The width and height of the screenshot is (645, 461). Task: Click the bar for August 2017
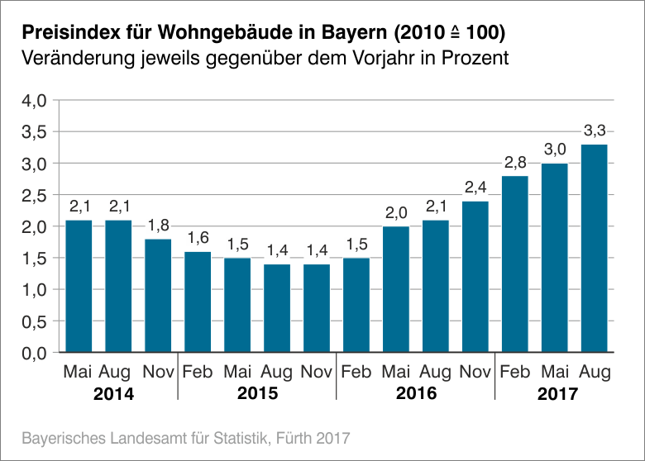click(x=594, y=249)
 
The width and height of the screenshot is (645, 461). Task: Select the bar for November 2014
click(x=158, y=296)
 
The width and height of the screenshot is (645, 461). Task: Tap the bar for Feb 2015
click(x=198, y=302)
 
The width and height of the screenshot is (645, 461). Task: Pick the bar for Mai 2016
click(x=396, y=289)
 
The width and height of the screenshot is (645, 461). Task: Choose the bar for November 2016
click(x=475, y=277)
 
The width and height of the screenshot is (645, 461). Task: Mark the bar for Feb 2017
click(x=514, y=264)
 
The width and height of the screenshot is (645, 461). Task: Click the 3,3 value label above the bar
click(x=595, y=131)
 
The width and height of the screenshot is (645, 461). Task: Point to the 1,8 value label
click(x=158, y=226)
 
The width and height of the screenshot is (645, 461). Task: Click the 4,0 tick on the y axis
click(x=34, y=101)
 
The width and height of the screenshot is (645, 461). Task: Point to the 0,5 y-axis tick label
click(x=34, y=322)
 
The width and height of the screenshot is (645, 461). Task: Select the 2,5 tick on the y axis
click(x=34, y=196)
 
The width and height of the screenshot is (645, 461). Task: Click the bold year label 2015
click(x=257, y=394)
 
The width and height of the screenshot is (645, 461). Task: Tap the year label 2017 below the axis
click(x=555, y=394)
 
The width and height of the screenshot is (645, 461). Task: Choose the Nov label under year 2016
click(x=475, y=373)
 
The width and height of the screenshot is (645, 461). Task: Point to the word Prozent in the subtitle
click(x=472, y=59)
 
